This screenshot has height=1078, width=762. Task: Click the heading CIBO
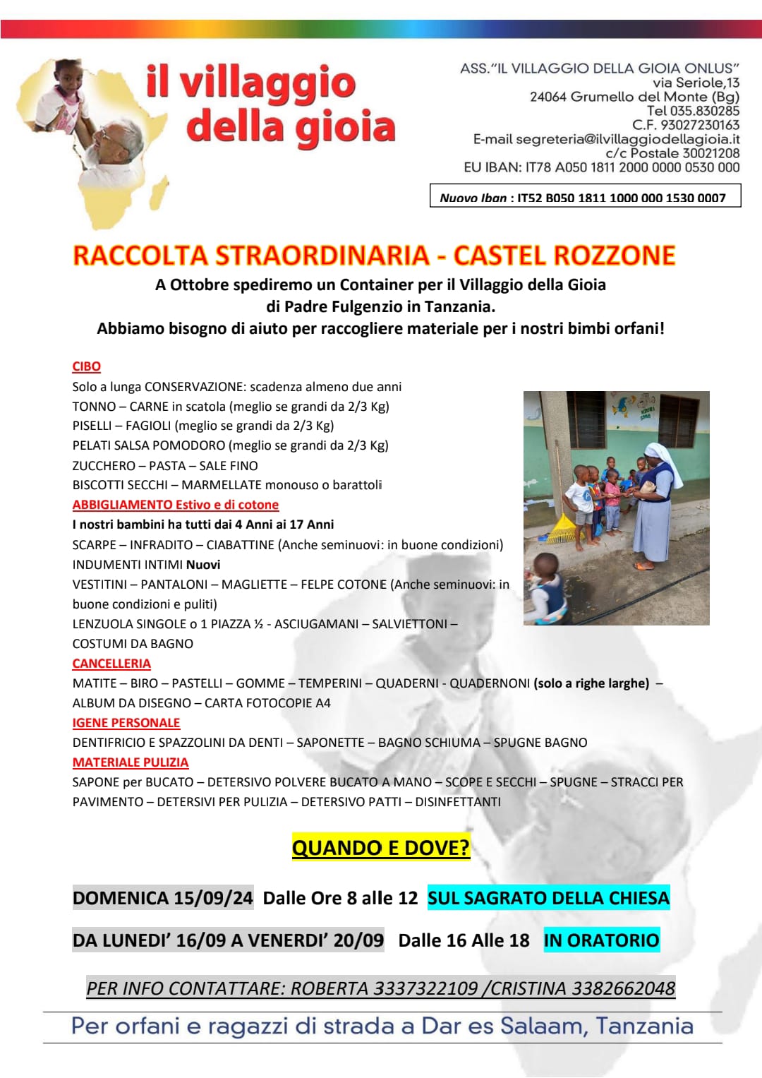86,366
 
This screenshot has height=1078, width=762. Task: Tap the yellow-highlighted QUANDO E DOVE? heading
381,847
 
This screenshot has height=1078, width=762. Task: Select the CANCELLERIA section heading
111,664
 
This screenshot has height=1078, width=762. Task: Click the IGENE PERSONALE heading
126,723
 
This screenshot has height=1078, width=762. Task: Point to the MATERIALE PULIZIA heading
131,762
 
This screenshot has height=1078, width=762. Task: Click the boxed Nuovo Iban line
585,197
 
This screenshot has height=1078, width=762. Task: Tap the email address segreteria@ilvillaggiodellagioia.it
627,139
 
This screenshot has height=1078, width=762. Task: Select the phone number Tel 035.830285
693,111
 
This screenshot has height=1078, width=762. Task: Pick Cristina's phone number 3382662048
623,988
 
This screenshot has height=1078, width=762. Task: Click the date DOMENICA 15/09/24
163,898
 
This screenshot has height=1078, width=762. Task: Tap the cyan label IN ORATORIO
601,940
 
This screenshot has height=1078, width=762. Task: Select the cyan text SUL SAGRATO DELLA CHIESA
548,898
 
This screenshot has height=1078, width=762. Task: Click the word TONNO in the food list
94,407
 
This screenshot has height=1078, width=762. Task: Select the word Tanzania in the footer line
644,1026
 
